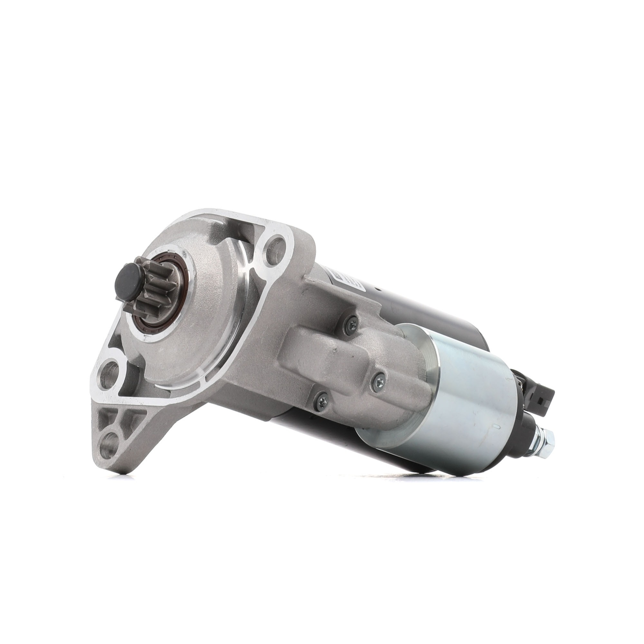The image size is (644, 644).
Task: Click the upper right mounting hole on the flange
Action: point(275,244)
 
